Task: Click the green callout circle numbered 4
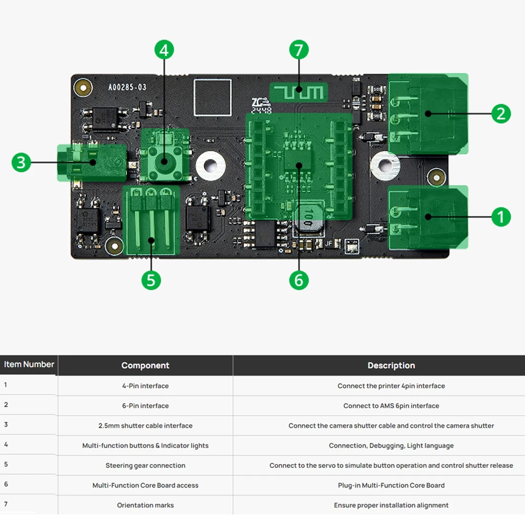164,50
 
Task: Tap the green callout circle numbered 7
299,50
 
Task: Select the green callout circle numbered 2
500,113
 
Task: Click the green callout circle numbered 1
500,216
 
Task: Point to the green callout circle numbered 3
21,162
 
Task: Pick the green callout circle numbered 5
151,280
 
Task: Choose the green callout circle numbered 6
299,280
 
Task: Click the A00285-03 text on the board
127,88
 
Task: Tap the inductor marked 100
308,220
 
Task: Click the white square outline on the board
212,97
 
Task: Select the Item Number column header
29,365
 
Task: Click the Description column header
391,365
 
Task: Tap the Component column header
145,365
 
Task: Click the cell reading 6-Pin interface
145,406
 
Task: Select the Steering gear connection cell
145,466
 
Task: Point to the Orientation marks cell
145,505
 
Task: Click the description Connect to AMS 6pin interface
391,406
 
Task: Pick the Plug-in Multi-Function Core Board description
391,486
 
